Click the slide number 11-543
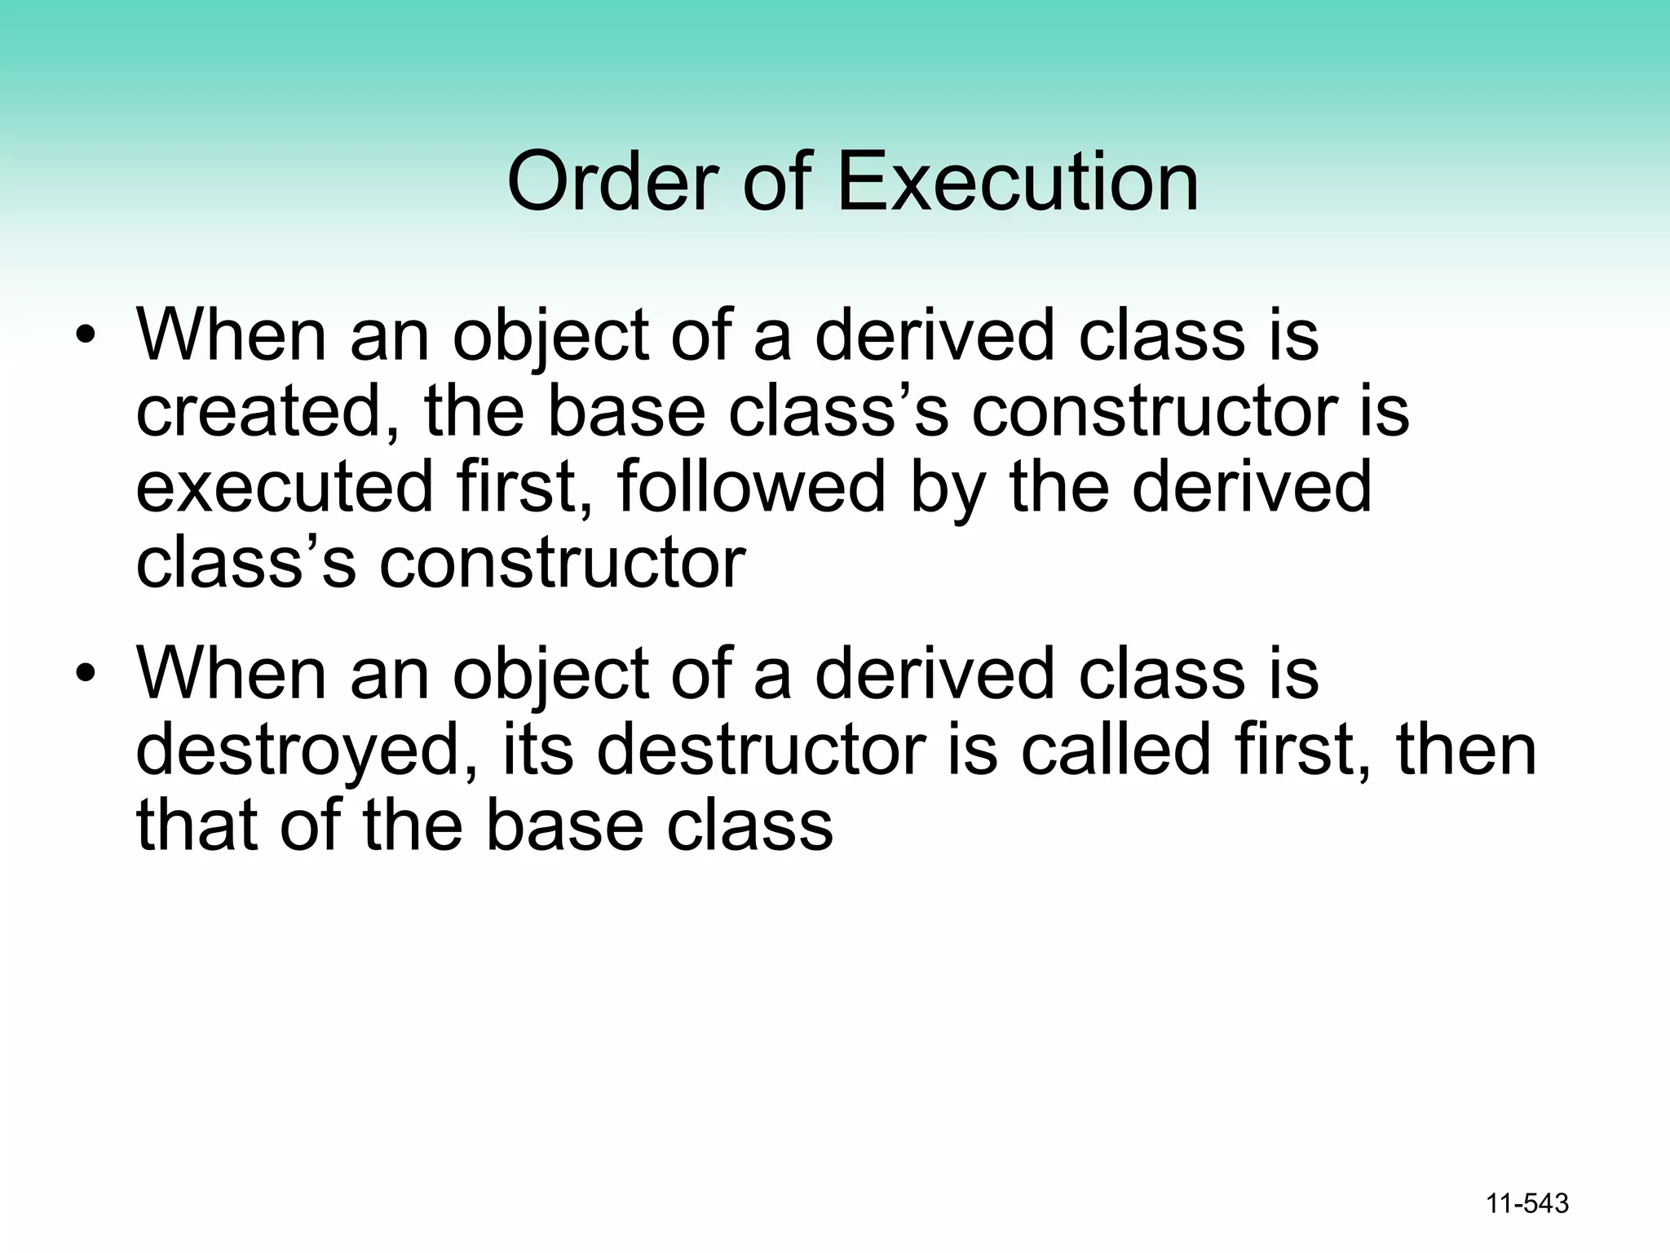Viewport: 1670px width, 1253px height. [x=1527, y=1203]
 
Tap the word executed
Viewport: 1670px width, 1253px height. [x=285, y=486]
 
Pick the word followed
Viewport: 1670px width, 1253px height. [x=751, y=486]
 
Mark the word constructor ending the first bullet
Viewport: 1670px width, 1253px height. [x=562, y=563]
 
